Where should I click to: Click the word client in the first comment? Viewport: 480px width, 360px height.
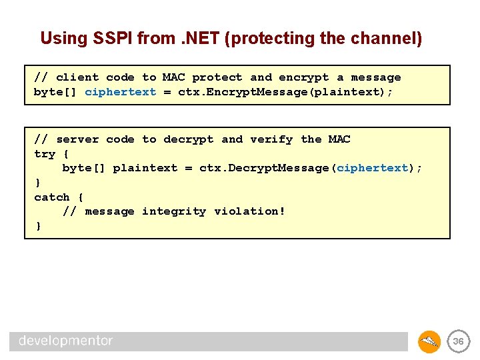(77, 77)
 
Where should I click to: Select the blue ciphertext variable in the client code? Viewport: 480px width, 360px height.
(120, 92)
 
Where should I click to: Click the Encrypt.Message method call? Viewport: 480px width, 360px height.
(250, 92)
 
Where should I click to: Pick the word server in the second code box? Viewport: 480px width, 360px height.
(77, 139)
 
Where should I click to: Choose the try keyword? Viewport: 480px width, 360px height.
(45, 154)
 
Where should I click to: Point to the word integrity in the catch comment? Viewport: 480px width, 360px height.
(174, 211)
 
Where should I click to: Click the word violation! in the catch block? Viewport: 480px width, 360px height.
(249, 211)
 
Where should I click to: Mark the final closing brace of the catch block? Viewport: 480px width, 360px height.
(38, 226)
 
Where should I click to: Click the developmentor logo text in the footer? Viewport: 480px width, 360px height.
(65, 341)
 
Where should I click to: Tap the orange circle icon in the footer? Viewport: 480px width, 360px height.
(429, 341)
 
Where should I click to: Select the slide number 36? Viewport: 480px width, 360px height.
(458, 341)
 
